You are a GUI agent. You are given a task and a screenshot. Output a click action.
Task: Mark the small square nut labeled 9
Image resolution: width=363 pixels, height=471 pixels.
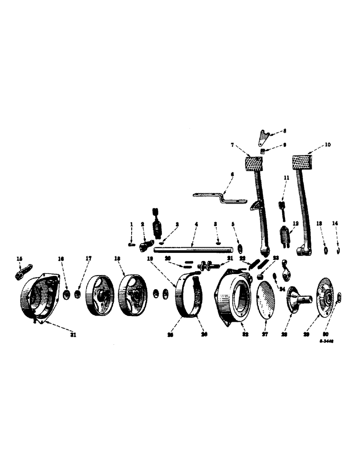point(264,152)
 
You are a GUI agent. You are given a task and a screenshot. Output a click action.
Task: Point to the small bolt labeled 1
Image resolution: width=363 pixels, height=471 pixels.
point(132,244)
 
